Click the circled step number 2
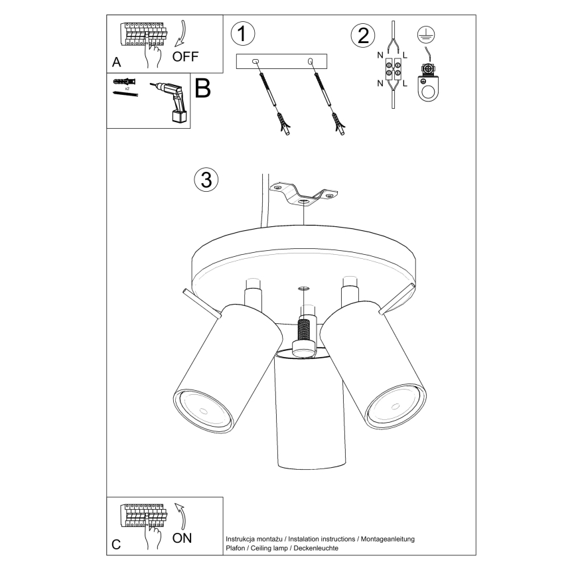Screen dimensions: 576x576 click(363, 35)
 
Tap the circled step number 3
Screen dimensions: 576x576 click(206, 179)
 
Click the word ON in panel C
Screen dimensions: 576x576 click(182, 538)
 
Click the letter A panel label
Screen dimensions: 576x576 click(117, 62)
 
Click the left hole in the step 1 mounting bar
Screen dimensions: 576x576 click(255, 62)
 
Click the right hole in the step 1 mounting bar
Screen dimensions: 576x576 click(310, 62)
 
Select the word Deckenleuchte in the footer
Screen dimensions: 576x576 click(315, 548)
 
